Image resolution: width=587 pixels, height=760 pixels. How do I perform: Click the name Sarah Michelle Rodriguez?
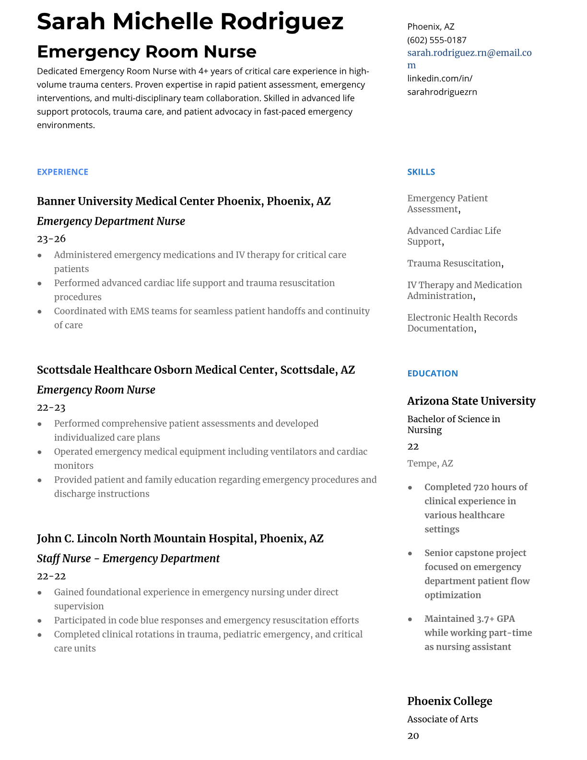pyautogui.click(x=190, y=22)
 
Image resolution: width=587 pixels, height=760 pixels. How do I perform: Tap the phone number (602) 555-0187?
pyautogui.click(x=436, y=40)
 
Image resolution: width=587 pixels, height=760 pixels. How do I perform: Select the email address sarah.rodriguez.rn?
pyautogui.click(x=469, y=53)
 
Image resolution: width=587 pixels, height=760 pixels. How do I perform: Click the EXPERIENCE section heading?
pyautogui.click(x=62, y=172)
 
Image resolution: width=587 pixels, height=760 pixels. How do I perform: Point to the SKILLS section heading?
pyautogui.click(x=421, y=172)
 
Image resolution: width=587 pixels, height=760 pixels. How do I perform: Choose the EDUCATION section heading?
pyautogui.click(x=432, y=373)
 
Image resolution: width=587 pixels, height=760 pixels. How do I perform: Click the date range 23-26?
pyautogui.click(x=51, y=238)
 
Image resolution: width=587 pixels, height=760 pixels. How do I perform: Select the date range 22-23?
pyautogui.click(x=51, y=407)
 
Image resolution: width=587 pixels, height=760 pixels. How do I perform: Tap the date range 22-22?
pyautogui.click(x=51, y=576)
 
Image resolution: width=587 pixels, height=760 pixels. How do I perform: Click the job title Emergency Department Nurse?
pyautogui.click(x=111, y=221)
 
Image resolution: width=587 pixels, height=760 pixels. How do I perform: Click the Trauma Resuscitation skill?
pyautogui.click(x=454, y=263)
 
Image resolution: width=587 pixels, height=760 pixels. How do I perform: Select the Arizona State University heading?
pyautogui.click(x=471, y=401)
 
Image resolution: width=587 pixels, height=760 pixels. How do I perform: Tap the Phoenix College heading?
pyautogui.click(x=449, y=701)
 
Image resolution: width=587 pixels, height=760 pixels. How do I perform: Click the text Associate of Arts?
pyautogui.click(x=442, y=719)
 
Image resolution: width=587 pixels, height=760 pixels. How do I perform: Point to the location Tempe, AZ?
pyautogui.click(x=430, y=463)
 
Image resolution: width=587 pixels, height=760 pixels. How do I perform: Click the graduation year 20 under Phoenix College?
pyautogui.click(x=413, y=736)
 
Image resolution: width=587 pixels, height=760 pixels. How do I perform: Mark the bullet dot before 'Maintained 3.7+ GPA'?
pyautogui.click(x=410, y=619)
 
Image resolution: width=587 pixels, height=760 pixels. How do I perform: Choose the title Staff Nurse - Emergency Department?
pyautogui.click(x=128, y=558)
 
